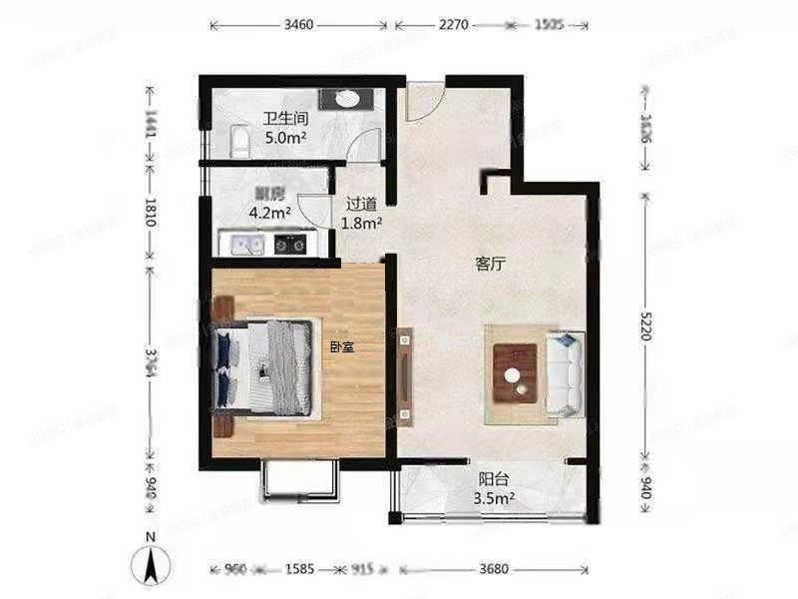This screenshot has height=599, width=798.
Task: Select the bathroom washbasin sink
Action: coord(346,98)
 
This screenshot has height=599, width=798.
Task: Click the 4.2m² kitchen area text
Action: coord(269,212)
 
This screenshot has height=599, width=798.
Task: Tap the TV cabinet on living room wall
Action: coord(405,374)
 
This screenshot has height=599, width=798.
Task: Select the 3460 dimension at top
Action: coord(299,22)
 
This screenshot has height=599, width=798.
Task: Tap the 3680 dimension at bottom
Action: coord(494,569)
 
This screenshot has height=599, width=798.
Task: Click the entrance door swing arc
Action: coord(422,103)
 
